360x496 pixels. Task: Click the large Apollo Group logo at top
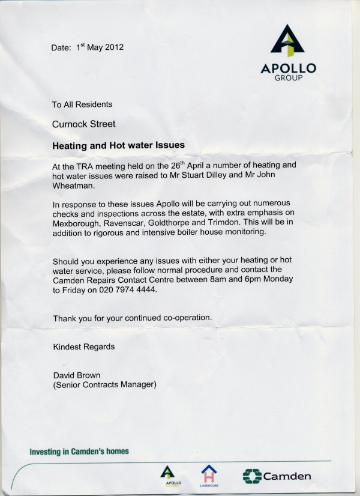tap(288, 53)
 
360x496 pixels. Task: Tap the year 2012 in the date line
tap(114, 47)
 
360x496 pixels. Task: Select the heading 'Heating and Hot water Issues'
tap(119, 145)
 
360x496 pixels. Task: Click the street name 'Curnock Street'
tap(83, 124)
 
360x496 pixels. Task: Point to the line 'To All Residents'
tap(82, 104)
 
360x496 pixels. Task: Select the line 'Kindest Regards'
tap(84, 346)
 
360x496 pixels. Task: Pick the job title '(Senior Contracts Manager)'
tap(105, 385)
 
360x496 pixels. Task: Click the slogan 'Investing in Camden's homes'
tap(79, 452)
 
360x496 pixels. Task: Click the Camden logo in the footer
tap(277, 477)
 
